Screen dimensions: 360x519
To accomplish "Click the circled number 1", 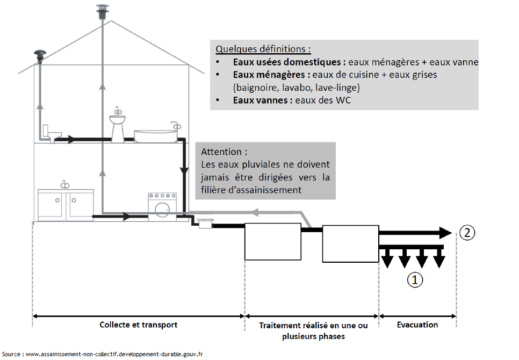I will coord(414,279).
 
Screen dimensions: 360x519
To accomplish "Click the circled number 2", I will coord(467,233).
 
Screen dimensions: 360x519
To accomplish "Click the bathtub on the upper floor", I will coord(156,134).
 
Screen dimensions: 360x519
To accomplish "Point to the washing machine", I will coord(162,205).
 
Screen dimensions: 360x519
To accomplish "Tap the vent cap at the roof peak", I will coord(102,11).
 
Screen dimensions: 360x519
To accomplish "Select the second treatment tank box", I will coord(350,243).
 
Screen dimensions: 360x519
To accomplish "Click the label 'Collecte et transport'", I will coord(138,325).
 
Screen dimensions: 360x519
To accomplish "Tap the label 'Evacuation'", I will coord(417,325).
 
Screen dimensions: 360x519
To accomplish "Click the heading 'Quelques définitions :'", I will coord(263,49).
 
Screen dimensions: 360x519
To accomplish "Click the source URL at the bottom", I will coord(114,354).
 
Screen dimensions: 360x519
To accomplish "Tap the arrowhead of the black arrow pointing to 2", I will coord(445,233).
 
